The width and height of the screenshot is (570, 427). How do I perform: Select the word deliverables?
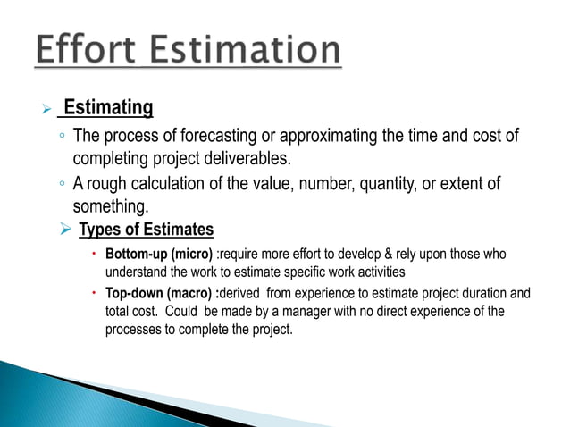click(x=245, y=159)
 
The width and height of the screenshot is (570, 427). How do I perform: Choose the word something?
click(x=109, y=206)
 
